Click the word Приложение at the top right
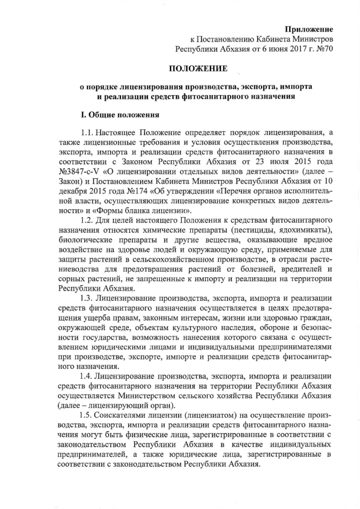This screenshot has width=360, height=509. coord(308,29)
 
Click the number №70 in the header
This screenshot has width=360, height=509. coord(324,49)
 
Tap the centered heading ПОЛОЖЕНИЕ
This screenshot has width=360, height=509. coord(199,69)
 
